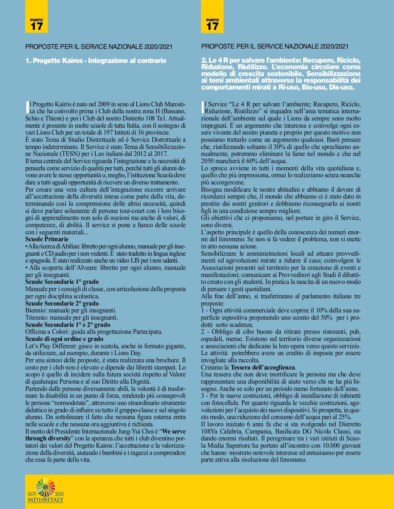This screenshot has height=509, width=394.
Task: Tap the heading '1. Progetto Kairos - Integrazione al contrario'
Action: coord(96,61)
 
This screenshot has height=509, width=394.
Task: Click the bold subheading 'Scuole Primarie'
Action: coord(47,239)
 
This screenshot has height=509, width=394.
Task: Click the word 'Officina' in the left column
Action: coord(36,332)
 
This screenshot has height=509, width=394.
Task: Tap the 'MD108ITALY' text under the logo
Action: coord(46,500)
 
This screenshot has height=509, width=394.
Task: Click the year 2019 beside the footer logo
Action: coord(32,495)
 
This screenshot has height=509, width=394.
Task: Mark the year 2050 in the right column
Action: coord(208,161)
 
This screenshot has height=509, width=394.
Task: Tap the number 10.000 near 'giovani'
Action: coord(331,446)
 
